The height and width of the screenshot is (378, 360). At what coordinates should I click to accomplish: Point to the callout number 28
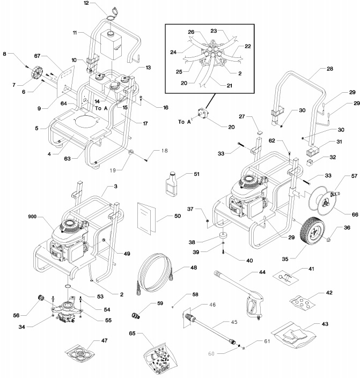pyautogui.click(x=329, y=70)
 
